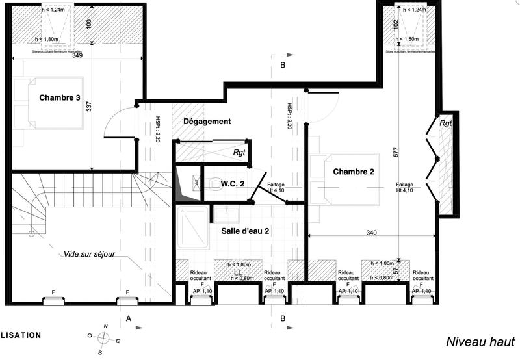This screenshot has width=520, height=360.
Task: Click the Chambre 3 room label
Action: (x=60, y=98)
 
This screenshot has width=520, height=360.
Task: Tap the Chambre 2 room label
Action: (x=354, y=172)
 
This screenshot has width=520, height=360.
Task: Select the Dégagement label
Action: (x=207, y=122)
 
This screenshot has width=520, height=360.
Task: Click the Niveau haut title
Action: (x=480, y=342)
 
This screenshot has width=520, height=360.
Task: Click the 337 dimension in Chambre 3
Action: (x=89, y=107)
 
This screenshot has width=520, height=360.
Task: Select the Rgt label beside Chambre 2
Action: (x=445, y=123)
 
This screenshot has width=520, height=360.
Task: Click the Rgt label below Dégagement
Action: (x=240, y=153)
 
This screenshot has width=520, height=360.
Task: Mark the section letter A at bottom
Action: (x=129, y=318)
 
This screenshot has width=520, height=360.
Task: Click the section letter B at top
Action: (x=282, y=66)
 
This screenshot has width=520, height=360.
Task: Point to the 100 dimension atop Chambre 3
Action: (x=89, y=23)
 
